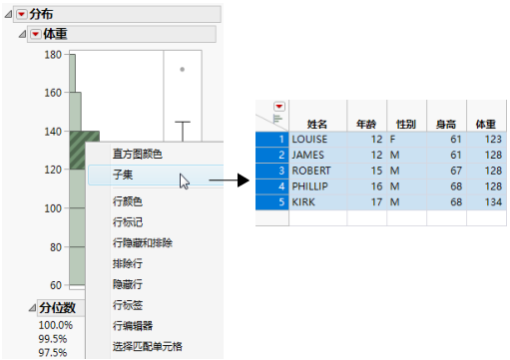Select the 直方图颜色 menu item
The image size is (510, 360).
[136, 154]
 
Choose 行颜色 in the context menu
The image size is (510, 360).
[128, 201]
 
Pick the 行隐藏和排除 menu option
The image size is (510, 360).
[142, 242]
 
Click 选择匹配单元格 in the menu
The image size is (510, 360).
[147, 345]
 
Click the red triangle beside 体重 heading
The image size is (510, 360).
[35, 34]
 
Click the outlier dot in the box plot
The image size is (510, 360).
[182, 70]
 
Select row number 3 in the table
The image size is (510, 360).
[282, 171]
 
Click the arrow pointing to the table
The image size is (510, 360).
[229, 181]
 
